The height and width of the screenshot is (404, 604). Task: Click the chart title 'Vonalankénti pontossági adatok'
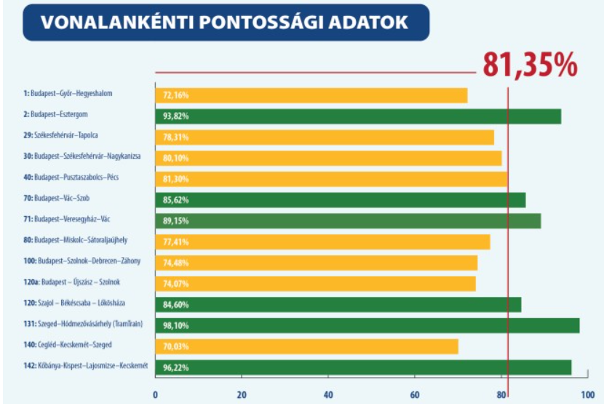pyautogui.click(x=224, y=22)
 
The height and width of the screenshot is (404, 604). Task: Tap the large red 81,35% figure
pyautogui.click(x=529, y=65)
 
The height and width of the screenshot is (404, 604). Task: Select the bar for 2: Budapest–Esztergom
pyautogui.click(x=357, y=116)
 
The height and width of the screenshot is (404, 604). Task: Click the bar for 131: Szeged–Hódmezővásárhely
pyautogui.click(x=367, y=325)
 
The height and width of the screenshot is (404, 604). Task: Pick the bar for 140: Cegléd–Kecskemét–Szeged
pyautogui.click(x=306, y=346)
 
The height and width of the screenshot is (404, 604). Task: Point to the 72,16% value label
pyautogui.click(x=176, y=95)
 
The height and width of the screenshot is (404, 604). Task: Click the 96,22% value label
pyautogui.click(x=176, y=368)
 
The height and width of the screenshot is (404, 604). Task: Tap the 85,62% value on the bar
pyautogui.click(x=176, y=199)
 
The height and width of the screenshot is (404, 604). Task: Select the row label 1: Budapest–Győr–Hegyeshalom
pyautogui.click(x=68, y=93)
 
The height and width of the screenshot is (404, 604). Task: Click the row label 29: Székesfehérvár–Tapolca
pyautogui.click(x=60, y=135)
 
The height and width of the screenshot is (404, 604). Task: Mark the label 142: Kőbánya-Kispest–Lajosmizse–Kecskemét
pyautogui.click(x=86, y=365)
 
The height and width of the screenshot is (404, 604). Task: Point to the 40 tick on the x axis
pyautogui.click(x=328, y=395)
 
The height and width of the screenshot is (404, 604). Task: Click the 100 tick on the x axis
pyautogui.click(x=587, y=395)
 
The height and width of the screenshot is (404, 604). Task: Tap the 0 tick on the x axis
pyautogui.click(x=155, y=395)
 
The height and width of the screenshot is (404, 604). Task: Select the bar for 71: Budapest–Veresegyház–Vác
pyautogui.click(x=348, y=221)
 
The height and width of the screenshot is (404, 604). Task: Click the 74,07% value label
pyautogui.click(x=176, y=284)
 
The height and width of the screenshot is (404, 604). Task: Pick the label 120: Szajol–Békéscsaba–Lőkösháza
pyautogui.click(x=69, y=302)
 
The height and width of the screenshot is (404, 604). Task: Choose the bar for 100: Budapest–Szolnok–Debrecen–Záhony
pyautogui.click(x=316, y=263)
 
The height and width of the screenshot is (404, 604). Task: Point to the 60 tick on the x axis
pyautogui.click(x=416, y=395)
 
